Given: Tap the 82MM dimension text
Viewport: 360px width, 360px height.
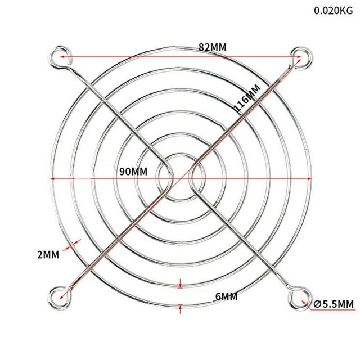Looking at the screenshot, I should click(213, 47).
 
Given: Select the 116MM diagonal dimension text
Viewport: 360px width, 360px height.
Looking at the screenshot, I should click(248, 100).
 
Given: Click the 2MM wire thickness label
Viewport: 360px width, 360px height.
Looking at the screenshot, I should click(48, 255).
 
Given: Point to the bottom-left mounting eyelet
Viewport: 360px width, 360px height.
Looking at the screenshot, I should click(58, 293).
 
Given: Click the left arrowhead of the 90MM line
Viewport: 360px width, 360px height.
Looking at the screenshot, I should click(53, 178).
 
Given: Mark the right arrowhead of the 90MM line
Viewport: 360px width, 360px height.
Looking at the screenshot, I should click(308, 178).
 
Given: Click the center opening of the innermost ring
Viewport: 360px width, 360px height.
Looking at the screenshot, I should click(181, 179).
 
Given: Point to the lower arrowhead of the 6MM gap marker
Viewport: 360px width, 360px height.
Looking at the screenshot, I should click(180, 307).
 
